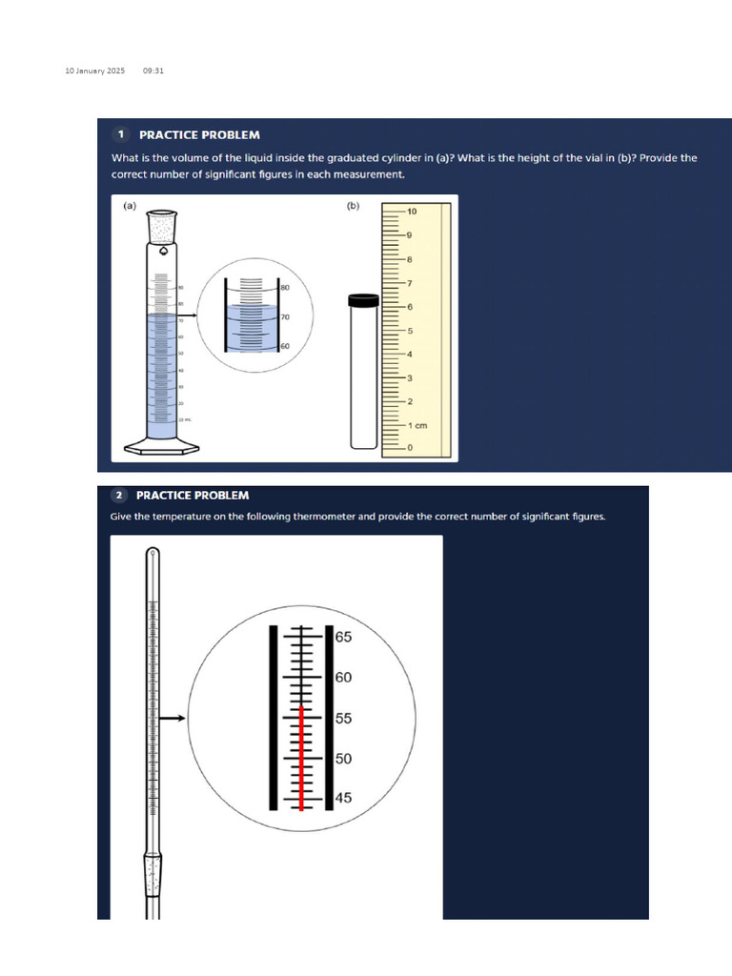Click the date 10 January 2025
click(88, 71)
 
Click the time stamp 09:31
click(153, 71)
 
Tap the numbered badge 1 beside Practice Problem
click(122, 134)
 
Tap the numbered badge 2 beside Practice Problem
click(119, 495)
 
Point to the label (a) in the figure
click(130, 205)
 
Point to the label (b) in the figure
click(353, 205)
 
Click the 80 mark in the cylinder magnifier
click(285, 286)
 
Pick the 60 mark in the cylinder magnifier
click(285, 346)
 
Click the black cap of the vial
click(363, 300)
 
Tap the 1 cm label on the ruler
click(417, 425)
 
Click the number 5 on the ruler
click(410, 331)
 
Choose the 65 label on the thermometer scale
click(344, 636)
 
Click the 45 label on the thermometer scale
click(344, 799)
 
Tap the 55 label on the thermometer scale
click(344, 718)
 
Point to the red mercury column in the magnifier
click(302, 759)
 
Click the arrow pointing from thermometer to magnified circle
click(172, 718)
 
